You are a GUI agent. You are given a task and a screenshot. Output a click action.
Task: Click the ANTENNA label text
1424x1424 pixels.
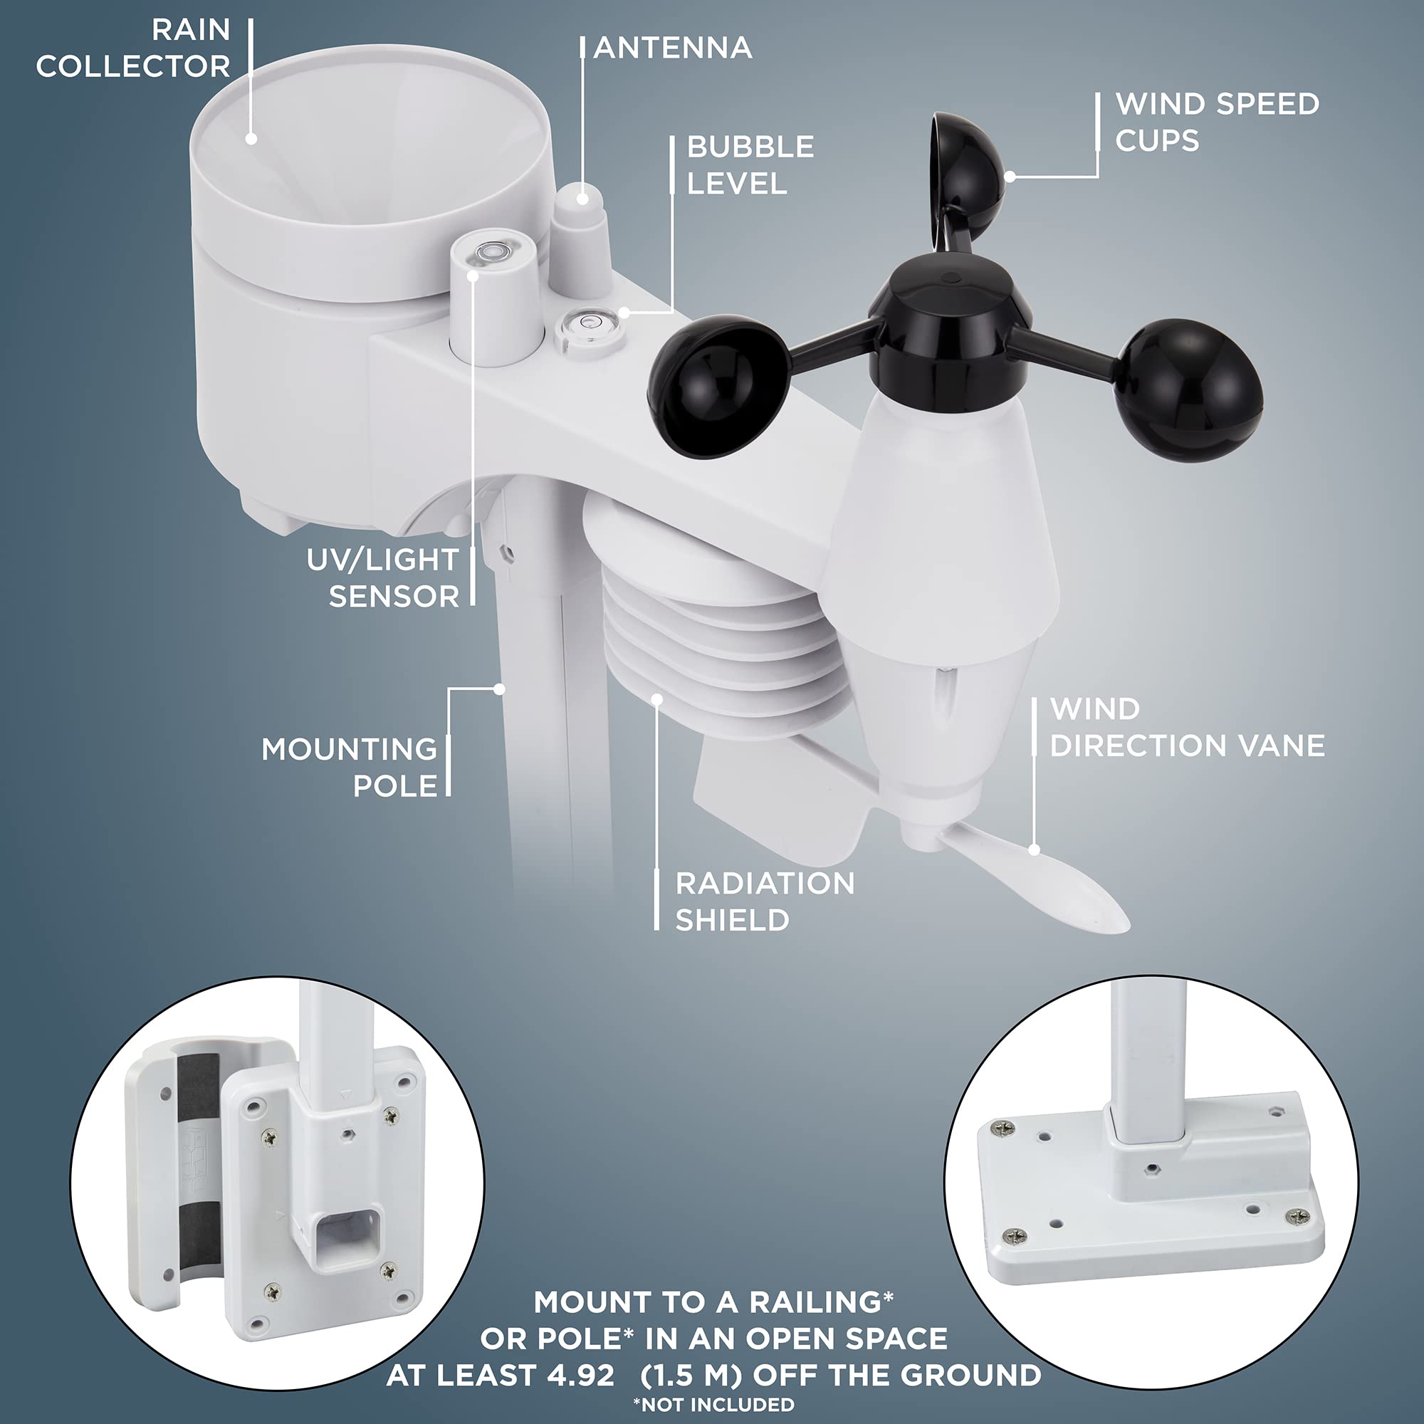(672, 48)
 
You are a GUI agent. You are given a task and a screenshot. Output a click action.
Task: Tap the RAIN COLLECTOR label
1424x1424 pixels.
(133, 48)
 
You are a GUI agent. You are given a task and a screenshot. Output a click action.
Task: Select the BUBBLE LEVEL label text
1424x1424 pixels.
(750, 165)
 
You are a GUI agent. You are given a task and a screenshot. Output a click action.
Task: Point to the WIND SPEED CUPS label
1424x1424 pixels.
(1216, 122)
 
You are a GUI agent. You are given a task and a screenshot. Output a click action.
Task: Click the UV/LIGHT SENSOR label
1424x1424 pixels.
(383, 578)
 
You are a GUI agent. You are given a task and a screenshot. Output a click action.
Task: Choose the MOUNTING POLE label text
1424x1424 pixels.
(350, 768)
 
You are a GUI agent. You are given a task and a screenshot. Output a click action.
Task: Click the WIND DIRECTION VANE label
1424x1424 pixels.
(1187, 728)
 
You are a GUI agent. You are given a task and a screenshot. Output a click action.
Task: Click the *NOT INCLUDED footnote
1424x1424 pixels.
(713, 1404)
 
